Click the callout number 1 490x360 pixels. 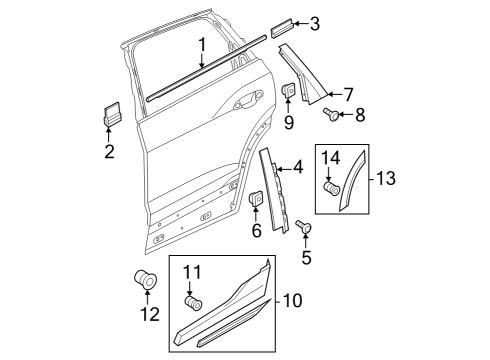(202, 46)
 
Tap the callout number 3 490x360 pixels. (314, 24)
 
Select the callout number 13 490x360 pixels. (386, 178)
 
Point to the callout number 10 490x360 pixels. (293, 300)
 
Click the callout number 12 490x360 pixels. (150, 314)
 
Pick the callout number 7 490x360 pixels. (348, 95)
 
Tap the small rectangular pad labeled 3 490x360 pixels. (282, 29)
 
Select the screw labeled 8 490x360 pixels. (331, 114)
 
